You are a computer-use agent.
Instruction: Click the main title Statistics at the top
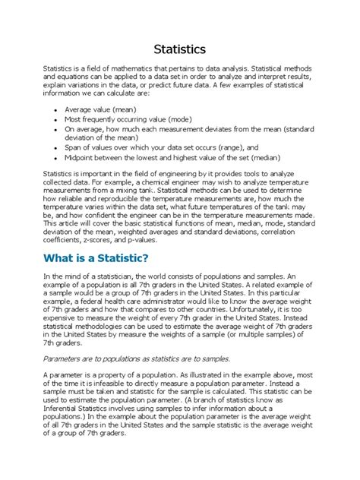(179, 49)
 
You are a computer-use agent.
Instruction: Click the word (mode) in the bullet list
(179, 119)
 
